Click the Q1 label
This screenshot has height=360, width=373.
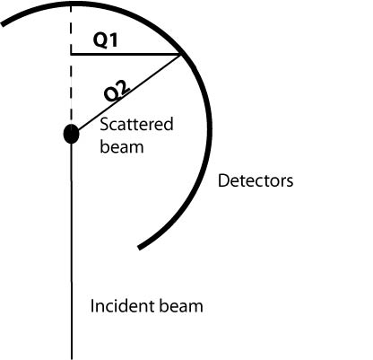105,40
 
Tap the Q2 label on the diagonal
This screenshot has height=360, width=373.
117,91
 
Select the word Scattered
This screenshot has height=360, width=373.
136,124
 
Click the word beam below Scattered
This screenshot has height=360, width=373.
122,147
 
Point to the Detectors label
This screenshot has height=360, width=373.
256,180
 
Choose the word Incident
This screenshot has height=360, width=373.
122,306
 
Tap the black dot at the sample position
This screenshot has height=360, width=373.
72,134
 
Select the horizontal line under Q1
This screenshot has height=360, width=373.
126,55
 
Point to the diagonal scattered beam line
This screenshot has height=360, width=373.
128,93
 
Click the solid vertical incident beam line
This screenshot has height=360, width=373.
72,251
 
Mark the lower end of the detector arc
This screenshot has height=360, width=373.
139,248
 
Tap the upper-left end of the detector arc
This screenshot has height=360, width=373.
3,24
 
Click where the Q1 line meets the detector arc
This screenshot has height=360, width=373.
180,55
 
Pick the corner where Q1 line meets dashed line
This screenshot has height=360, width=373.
71,55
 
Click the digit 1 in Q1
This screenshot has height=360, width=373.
114,40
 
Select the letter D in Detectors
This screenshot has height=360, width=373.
223,180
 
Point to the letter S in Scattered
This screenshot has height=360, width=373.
104,125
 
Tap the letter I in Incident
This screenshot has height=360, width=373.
92,306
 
